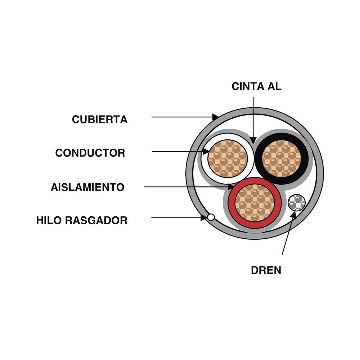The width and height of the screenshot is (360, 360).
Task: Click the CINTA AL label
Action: pyautogui.click(x=257, y=86)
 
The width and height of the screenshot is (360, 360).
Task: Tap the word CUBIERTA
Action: pyautogui.click(x=100, y=119)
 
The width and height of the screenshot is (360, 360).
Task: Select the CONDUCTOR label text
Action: pyautogui.click(x=90, y=153)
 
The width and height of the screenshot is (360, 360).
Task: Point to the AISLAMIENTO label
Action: pyautogui.click(x=87, y=187)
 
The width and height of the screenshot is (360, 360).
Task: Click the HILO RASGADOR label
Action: pyautogui.click(x=82, y=220)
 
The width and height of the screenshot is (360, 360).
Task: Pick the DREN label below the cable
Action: pyautogui.click(x=266, y=270)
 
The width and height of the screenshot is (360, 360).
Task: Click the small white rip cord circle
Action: pyautogui.click(x=211, y=217)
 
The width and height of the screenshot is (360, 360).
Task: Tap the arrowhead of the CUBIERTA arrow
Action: pyautogui.click(x=215, y=117)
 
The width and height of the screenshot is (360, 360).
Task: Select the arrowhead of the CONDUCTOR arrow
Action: pyautogui.click(x=206, y=152)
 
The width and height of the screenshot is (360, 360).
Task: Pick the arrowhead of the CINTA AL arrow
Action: pyautogui.click(x=253, y=139)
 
